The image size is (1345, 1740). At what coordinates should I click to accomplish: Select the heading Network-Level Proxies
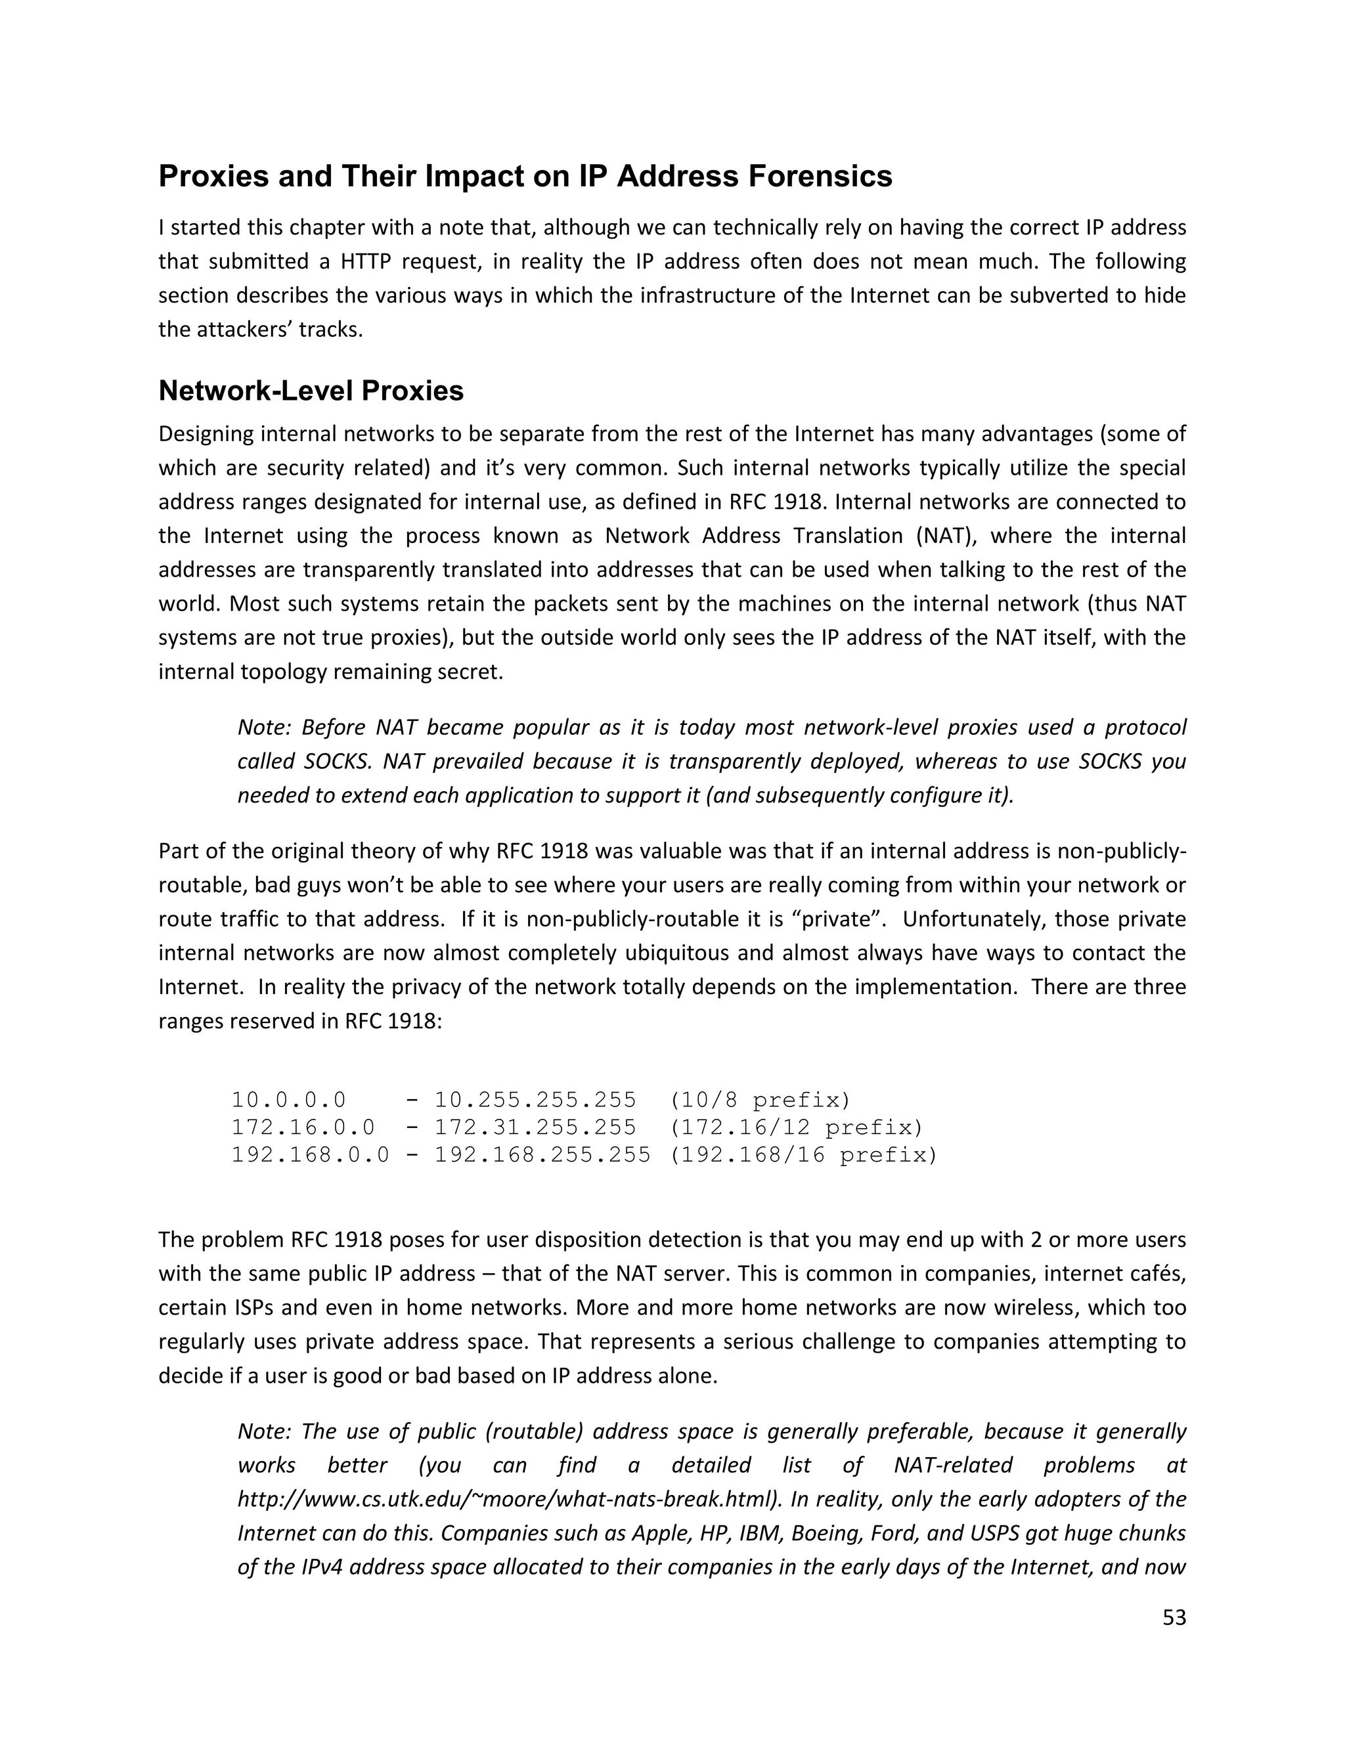[x=311, y=391]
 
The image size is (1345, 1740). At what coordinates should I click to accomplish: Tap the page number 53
[x=1174, y=1618]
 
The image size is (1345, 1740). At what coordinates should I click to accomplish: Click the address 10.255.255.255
[x=535, y=1100]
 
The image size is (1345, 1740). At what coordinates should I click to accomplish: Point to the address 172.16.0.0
[x=303, y=1127]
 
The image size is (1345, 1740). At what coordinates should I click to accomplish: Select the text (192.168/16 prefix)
[x=803, y=1154]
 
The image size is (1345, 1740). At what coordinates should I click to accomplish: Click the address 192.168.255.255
[x=542, y=1154]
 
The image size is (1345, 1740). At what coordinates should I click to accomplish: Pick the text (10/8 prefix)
[x=760, y=1100]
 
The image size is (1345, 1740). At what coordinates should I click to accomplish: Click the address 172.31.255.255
[x=535, y=1127]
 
